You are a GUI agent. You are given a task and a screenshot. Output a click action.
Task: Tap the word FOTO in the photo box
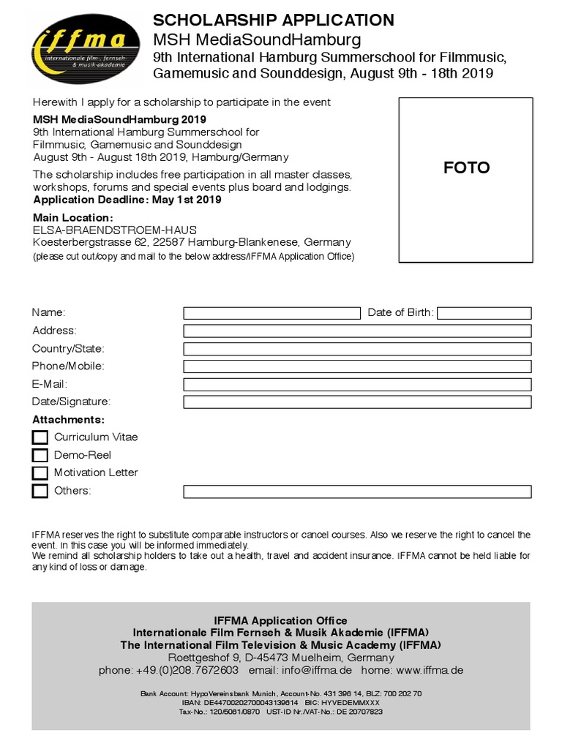[466, 168]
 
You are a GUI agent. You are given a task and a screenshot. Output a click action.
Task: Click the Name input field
[271, 313]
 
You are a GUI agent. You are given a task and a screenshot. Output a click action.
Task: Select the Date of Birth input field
[484, 313]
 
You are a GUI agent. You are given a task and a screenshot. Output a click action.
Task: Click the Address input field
[357, 331]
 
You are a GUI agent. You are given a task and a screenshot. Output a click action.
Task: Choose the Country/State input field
[357, 349]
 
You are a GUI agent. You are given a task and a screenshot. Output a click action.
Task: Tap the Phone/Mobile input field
[357, 366]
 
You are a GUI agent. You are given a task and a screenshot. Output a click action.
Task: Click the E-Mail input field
[357, 384]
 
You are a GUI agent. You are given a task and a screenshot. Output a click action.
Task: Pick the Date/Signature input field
[357, 402]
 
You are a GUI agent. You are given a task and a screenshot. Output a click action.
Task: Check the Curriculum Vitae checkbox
[40, 437]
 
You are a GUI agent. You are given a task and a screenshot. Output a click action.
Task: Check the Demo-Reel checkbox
[40, 455]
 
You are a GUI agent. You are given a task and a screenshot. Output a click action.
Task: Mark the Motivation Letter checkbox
[40, 473]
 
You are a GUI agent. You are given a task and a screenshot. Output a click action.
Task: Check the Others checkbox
[40, 491]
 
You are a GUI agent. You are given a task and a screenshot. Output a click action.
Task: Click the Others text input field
[357, 491]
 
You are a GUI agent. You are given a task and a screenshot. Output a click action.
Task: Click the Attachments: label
[68, 420]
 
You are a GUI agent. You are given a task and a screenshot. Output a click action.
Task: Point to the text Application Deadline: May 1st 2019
[127, 199]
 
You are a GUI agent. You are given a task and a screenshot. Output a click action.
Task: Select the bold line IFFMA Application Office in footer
[280, 620]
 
